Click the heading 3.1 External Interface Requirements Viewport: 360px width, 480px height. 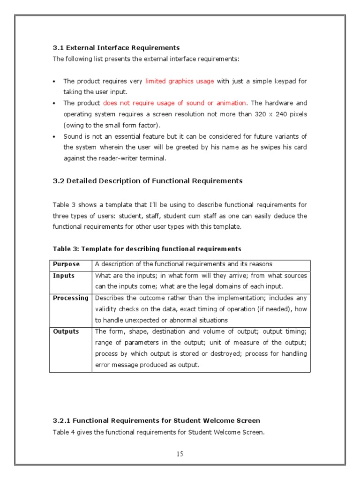pos(116,48)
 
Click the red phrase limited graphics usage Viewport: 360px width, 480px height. pos(180,82)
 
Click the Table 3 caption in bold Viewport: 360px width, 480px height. pos(147,249)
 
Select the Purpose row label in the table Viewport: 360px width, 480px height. pos(66,264)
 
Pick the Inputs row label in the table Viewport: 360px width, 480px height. pos(64,276)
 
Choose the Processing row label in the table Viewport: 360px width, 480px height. pos(70,298)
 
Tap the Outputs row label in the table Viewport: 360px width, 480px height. pos(66,332)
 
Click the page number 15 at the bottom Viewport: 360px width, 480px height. pos(180,454)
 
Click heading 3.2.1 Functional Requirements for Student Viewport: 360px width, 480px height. pos(156,421)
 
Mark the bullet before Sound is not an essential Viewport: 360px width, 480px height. pos(55,137)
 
